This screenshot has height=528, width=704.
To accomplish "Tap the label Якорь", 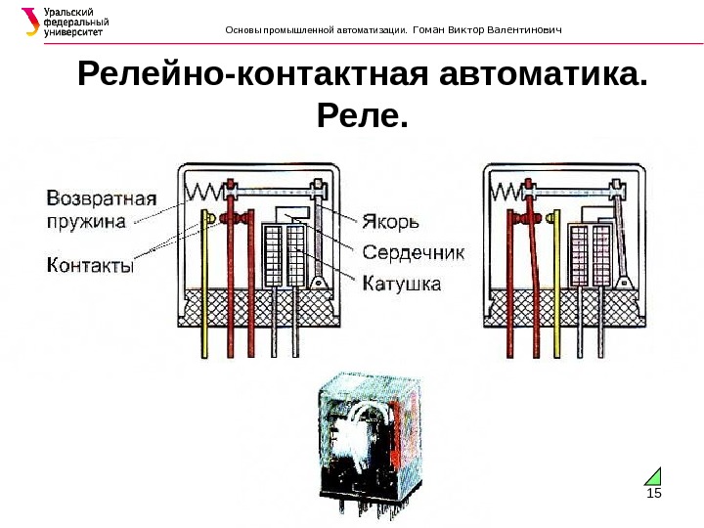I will click(x=391, y=222).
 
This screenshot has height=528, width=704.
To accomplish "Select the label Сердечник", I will click(x=414, y=252).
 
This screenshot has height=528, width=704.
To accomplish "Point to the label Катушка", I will click(x=401, y=285).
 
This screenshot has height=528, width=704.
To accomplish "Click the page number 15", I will click(x=654, y=493).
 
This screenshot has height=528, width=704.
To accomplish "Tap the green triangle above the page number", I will click(x=654, y=476).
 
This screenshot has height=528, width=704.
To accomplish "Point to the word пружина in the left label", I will click(x=87, y=221).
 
